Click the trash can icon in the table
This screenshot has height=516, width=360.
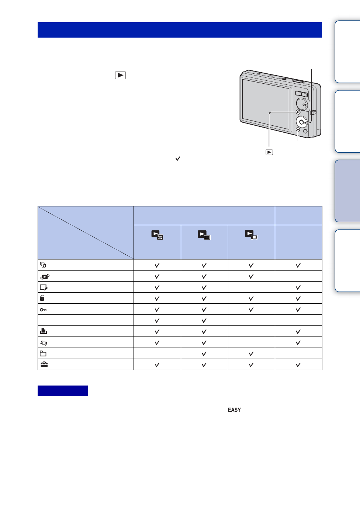[x=42, y=298]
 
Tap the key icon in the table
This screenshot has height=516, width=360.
[x=43, y=310]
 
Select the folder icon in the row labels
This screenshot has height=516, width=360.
[x=43, y=353]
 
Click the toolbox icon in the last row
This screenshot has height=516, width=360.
[x=44, y=365]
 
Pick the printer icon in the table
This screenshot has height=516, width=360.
[x=43, y=331]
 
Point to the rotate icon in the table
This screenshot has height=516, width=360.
[x=44, y=343]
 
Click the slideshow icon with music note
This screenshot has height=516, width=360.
[x=43, y=265]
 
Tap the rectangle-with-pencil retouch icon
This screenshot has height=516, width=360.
[x=44, y=287]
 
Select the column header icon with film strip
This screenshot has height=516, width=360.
[x=251, y=234]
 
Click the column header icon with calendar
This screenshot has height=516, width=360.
[x=157, y=235]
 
